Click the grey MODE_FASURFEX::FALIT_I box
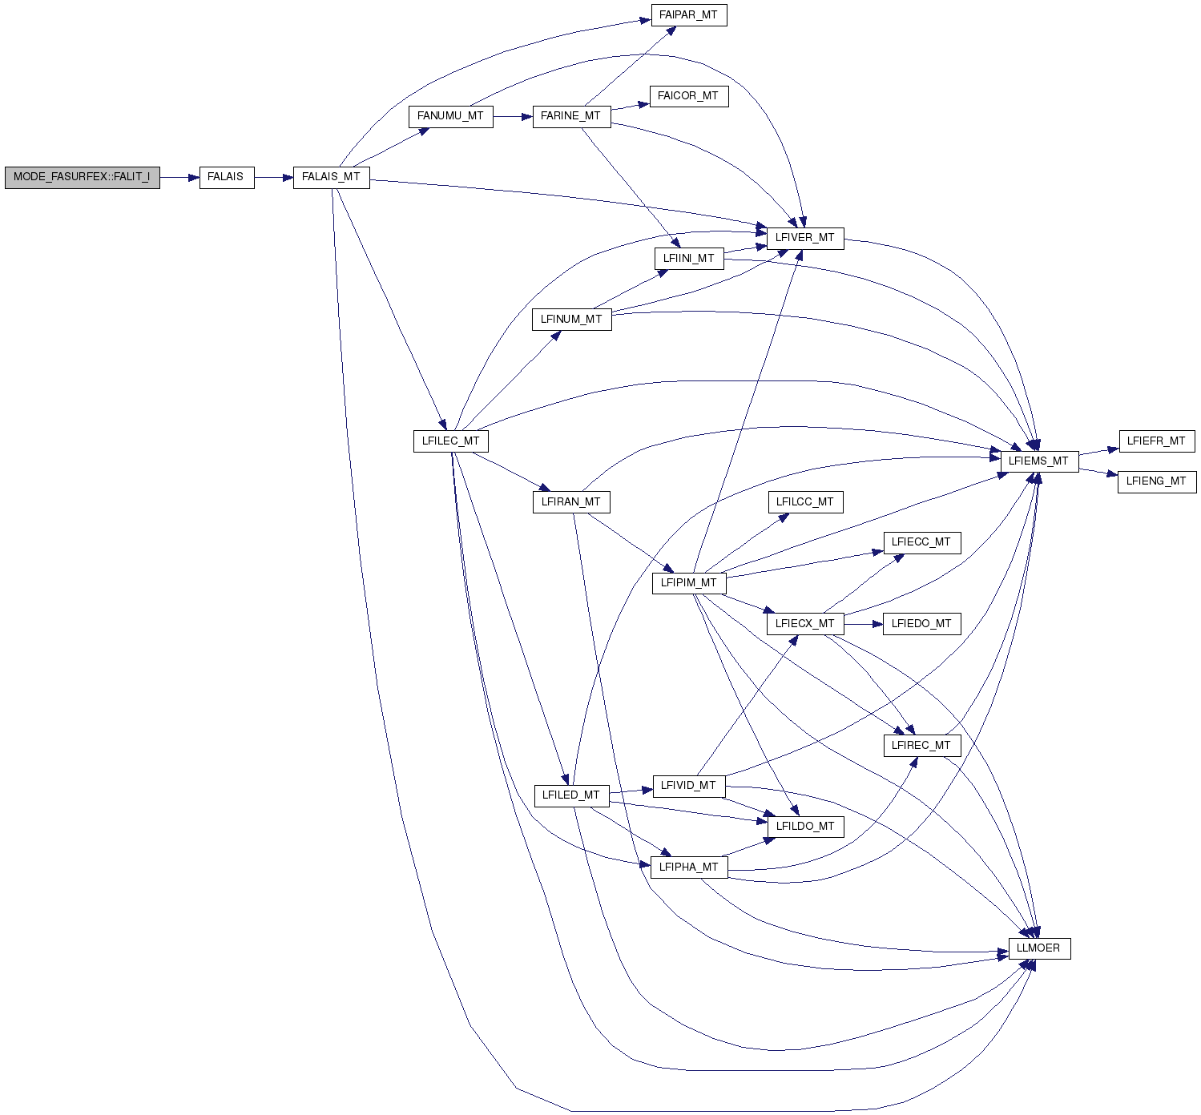point(83,178)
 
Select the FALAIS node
point(227,178)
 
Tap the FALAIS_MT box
point(332,178)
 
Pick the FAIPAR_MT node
point(689,15)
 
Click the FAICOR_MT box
point(689,96)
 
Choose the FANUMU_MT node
point(450,117)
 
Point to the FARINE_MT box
point(571,117)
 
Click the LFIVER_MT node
point(805,238)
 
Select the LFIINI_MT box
point(689,259)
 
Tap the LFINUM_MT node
point(571,320)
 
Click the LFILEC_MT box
point(450,441)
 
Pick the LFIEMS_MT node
point(1039,462)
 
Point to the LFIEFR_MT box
point(1157,441)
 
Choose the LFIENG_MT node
point(1157,482)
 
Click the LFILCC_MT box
point(805,502)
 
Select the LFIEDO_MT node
point(921,624)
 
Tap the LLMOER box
point(1039,948)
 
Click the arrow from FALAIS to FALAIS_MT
point(274,178)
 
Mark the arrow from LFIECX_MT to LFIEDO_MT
point(864,624)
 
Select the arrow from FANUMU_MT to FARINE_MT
point(513,117)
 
